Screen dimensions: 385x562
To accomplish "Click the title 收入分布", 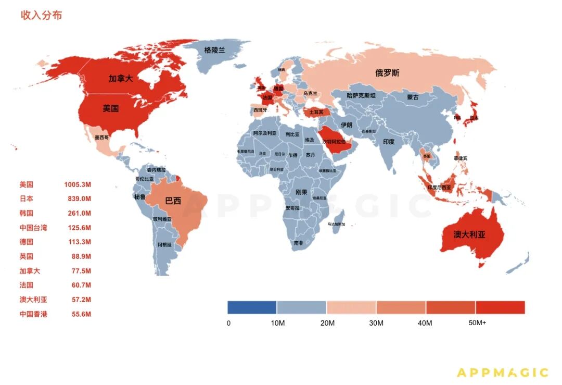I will pos(41,16).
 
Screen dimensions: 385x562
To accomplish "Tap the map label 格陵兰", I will pos(215,50).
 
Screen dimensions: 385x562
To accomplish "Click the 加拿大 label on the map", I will pos(121,79).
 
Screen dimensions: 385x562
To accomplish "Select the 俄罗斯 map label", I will pos(388,73).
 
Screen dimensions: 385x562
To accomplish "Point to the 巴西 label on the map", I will pos(173,201).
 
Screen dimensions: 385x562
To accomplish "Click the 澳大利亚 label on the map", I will pos(469,234).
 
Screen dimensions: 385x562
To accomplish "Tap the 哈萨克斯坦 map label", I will pos(361,95).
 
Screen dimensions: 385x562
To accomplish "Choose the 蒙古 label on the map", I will pos(413,97).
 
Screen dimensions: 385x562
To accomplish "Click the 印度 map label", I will pos(389,142).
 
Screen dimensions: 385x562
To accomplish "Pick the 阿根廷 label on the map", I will pos(164,244).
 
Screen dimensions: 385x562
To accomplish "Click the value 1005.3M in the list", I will pos(78,184).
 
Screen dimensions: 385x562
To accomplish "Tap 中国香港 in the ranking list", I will pos(33,314).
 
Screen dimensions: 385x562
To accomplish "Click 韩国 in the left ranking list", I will pos(27,213).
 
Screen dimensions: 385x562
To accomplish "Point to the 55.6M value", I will pos(81,314).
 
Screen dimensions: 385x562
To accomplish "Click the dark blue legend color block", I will pos(252,307).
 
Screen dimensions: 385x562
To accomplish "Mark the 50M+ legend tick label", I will pos(477,323).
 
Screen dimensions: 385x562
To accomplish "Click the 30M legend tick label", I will pos(376,323).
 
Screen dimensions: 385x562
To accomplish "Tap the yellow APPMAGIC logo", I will pos(502,372).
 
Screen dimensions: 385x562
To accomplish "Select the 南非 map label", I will pos(298,243).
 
